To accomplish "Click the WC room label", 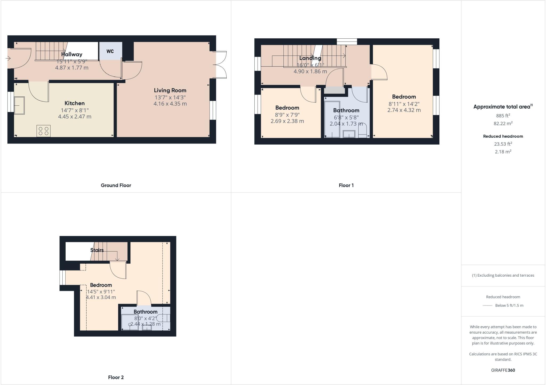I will point(110,51).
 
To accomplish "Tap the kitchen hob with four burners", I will point(43,131).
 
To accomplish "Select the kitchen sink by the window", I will point(19,105).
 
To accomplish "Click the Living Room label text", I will point(170,90).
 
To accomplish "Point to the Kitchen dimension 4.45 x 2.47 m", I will point(75,116).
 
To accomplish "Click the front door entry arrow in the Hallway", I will point(8,58).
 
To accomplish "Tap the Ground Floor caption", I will point(116,185).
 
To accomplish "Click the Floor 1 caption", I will point(346,185).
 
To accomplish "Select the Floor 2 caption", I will point(116,377).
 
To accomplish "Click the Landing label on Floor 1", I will point(310,58).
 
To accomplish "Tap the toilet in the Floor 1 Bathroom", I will point(363,132).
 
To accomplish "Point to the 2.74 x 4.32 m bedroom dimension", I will point(404,110).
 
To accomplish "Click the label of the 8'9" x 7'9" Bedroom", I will point(287,108).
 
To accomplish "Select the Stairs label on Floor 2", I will point(97,250).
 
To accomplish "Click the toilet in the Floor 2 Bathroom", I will point(163,318).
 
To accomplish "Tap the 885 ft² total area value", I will point(503,116).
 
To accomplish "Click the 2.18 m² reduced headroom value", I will point(503,151).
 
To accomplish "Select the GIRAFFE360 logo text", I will point(503,370).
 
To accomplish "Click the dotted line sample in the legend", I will point(487,306).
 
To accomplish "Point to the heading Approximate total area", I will point(502,107).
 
